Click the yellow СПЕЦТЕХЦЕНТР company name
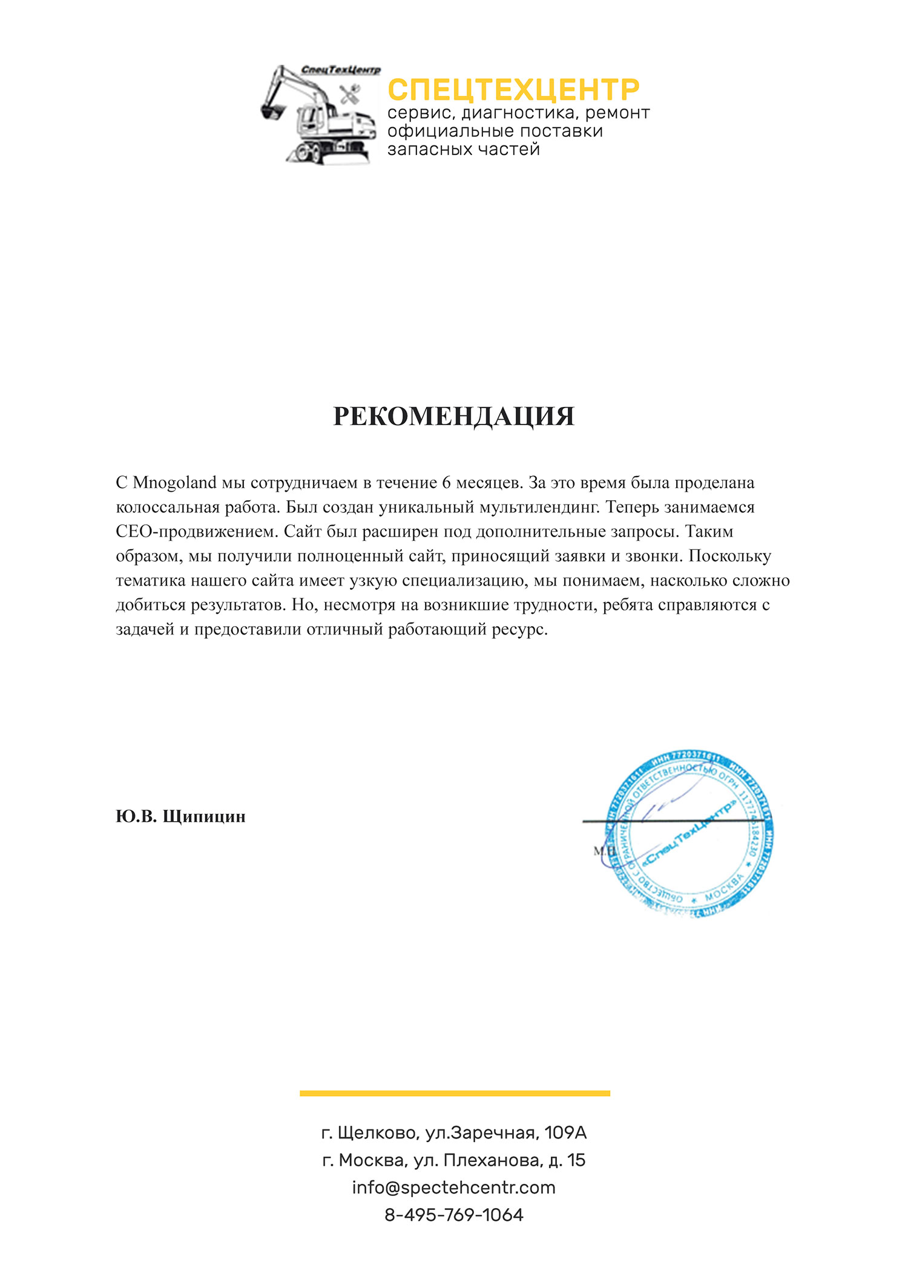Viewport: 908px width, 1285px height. tap(513, 90)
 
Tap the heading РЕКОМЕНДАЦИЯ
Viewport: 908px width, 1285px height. tap(453, 417)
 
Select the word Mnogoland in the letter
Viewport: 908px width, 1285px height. tap(174, 483)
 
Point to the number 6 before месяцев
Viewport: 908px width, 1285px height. tap(446, 483)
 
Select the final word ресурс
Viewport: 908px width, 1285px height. tap(519, 629)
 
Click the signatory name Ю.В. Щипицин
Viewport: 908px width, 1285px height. tap(180, 816)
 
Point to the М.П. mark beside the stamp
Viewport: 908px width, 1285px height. tap(604, 851)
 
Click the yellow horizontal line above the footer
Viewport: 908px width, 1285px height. tap(455, 1093)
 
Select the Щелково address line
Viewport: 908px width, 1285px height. tap(454, 1132)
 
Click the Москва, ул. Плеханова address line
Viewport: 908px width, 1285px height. tap(454, 1160)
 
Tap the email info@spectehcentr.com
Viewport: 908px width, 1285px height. tap(454, 1188)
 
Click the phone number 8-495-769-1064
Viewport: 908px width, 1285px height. tap(454, 1215)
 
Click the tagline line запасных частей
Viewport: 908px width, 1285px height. tap(464, 149)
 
